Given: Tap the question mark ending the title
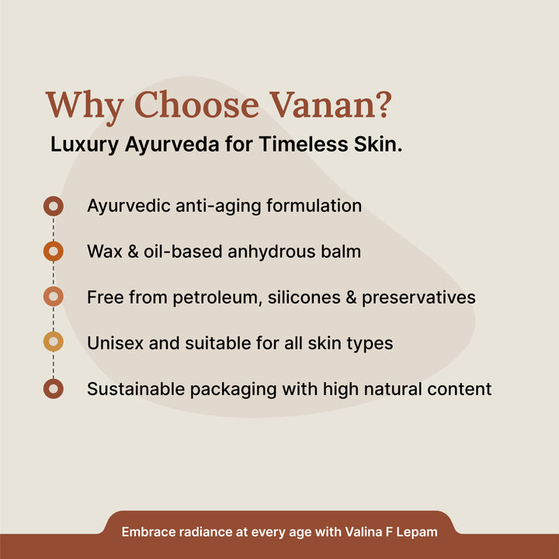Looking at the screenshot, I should point(380,106).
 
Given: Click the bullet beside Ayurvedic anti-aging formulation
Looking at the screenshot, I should point(53,207).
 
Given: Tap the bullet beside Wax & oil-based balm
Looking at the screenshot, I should point(53,252).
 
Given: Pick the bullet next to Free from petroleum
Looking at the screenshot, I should point(53,297).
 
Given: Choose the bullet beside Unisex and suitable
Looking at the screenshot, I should point(53,342).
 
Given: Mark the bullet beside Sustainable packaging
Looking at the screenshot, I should point(53,388).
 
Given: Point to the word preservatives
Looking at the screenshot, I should point(424,298).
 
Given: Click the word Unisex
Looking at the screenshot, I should point(113,343).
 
